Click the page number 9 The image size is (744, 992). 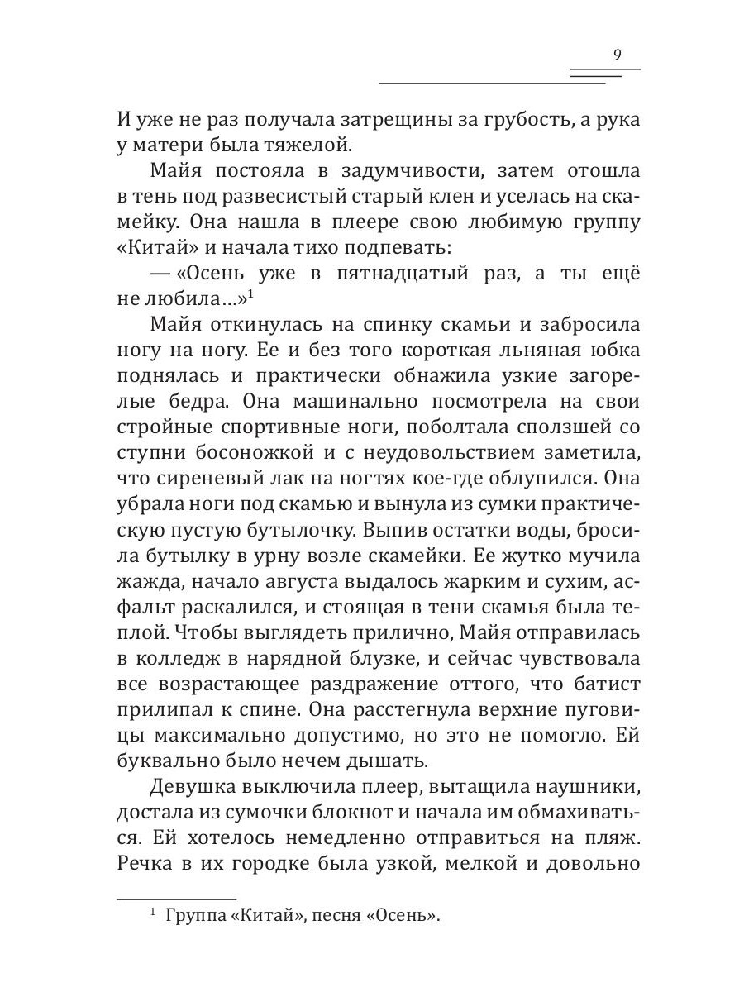(618, 55)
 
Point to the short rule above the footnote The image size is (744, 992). (176, 897)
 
